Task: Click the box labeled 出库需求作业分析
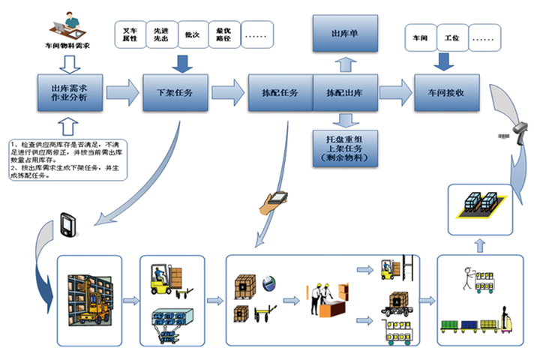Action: [69, 94]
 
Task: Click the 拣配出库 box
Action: [344, 94]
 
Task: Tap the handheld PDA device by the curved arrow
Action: [66, 224]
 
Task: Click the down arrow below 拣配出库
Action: [344, 118]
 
